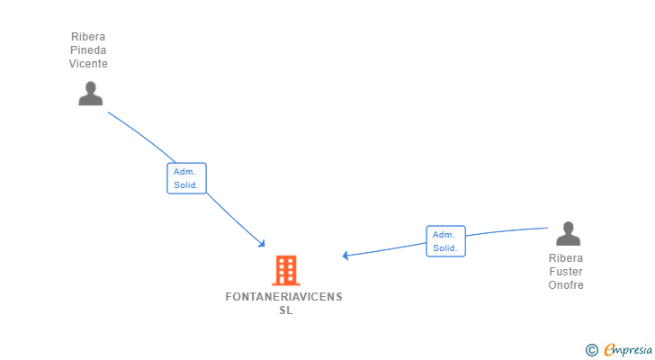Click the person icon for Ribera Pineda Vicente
point(90,93)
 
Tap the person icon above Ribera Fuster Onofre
point(568,233)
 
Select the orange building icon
point(286,270)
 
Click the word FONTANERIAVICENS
point(284,297)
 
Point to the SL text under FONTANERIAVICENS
point(286,310)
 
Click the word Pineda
point(88,50)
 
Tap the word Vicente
point(88,64)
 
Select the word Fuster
point(566,272)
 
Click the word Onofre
point(566,284)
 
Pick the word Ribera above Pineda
point(88,37)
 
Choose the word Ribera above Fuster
point(566,258)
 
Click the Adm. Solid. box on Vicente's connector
point(186,178)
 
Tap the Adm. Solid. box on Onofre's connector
point(445,241)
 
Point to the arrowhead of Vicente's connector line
point(263,244)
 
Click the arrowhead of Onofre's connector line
point(345,256)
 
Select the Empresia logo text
point(628,349)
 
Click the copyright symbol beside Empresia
point(591,350)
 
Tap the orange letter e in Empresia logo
point(609,349)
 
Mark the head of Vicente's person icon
point(90,87)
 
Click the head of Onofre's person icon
point(568,228)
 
